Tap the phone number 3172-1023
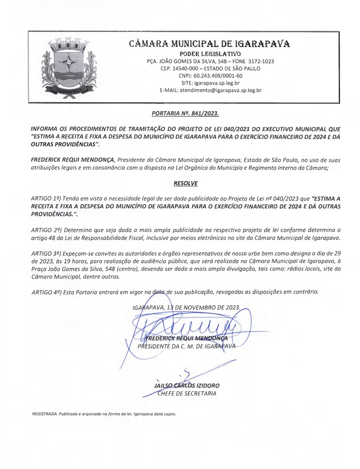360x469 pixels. coord(258,61)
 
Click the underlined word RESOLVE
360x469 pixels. coord(185,183)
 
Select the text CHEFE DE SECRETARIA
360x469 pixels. coord(187,393)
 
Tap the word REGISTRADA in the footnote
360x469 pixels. coord(39,414)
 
